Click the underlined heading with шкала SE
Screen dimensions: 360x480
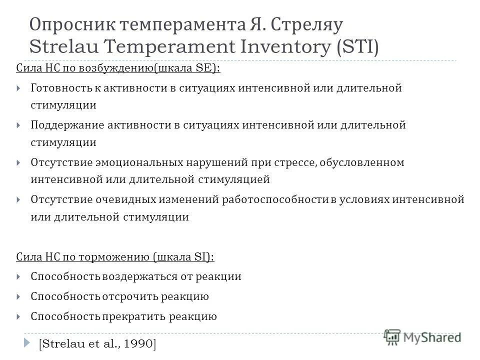(118, 68)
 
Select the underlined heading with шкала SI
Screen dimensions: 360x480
(115, 257)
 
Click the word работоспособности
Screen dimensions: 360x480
(275, 199)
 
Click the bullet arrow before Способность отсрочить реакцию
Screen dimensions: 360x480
(18, 297)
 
